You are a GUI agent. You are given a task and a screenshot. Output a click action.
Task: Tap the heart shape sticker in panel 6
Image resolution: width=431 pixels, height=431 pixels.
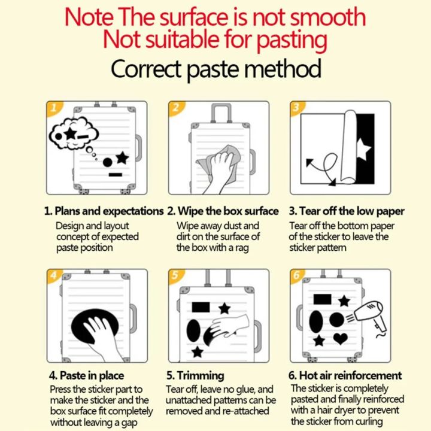click(340, 338)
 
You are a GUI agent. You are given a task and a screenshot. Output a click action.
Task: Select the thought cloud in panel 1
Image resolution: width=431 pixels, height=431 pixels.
click(74, 133)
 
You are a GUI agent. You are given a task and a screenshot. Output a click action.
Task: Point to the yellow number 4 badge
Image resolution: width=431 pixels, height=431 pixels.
click(54, 276)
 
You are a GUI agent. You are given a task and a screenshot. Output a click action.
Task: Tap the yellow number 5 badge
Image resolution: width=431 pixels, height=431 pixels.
click(175, 275)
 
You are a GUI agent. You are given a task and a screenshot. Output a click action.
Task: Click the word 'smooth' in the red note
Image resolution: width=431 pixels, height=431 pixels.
click(328, 17)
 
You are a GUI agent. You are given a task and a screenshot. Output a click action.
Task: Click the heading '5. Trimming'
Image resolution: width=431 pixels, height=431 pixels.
click(195, 375)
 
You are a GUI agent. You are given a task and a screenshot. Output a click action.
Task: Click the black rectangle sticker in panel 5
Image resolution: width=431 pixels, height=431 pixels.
click(201, 307)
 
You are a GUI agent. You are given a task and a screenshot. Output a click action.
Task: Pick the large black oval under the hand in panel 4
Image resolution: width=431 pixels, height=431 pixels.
click(95, 326)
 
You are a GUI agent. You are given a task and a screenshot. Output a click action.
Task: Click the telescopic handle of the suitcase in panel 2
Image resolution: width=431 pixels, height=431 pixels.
click(221, 113)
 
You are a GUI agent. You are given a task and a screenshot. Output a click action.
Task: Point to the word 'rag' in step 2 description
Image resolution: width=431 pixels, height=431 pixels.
click(242, 248)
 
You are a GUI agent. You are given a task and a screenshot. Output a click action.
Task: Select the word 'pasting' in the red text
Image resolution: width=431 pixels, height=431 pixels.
click(292, 40)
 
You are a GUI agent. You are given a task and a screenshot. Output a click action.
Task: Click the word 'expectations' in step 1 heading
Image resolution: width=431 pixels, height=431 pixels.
click(133, 211)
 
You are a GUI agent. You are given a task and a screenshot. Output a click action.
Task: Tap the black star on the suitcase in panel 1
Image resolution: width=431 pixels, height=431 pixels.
click(122, 158)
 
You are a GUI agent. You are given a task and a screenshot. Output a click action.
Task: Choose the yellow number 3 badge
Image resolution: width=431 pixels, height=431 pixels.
click(297, 108)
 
